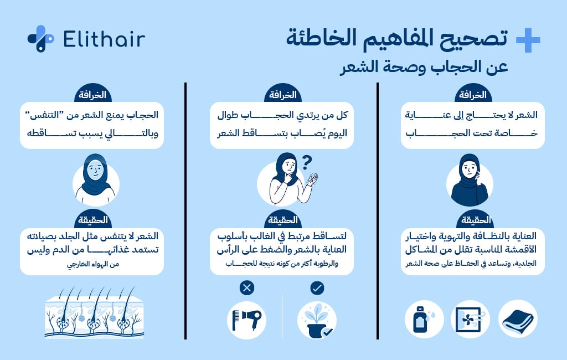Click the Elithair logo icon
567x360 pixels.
point(40,39)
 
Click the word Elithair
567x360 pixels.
point(104,39)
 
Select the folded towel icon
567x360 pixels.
point(517,320)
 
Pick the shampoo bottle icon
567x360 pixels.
point(424,320)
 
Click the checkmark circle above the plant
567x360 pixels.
point(317,288)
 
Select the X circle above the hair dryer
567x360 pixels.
point(247,288)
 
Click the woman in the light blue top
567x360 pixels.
point(95,179)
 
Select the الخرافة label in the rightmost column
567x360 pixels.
point(472,95)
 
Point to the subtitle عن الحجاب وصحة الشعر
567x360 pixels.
point(424,66)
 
